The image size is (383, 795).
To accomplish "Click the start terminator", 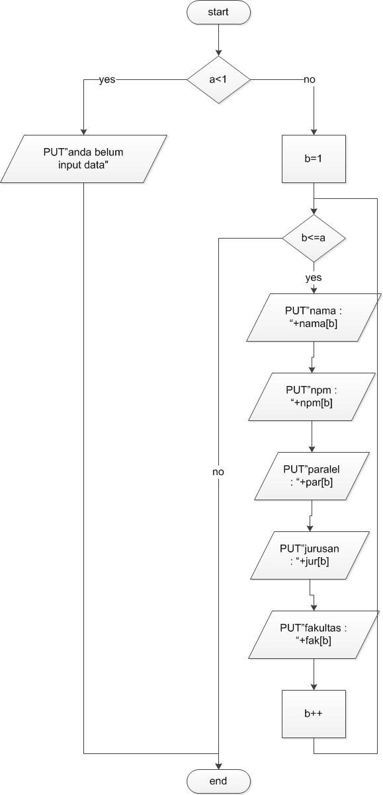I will click(218, 13).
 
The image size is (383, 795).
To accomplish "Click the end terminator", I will click(218, 781).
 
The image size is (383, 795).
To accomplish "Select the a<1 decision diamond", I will click(218, 79).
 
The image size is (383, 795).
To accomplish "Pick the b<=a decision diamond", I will click(314, 238).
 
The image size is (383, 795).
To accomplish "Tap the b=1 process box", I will click(314, 159).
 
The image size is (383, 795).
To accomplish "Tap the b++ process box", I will click(314, 714).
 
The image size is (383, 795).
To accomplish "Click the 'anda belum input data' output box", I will click(84, 159).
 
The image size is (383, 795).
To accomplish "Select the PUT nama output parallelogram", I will click(314, 317).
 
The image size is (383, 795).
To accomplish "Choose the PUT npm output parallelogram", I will click(314, 397).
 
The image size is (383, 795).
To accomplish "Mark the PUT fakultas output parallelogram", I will click(314, 634).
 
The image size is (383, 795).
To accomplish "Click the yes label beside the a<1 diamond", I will click(107, 79).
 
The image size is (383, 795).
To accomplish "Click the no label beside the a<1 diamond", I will click(310, 79).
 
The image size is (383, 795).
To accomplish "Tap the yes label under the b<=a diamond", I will click(314, 278).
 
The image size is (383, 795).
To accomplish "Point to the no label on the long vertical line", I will click(218, 472).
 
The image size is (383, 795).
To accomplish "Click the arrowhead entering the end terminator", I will click(218, 765).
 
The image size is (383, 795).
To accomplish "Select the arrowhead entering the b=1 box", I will click(314, 131).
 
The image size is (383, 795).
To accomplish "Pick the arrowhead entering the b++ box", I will click(314, 686).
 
